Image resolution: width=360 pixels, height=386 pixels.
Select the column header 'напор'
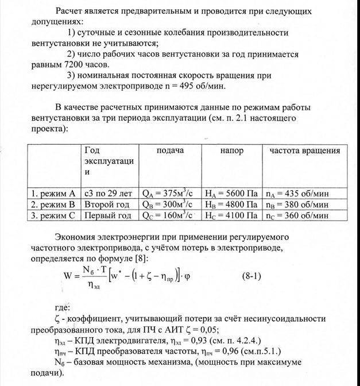[231, 150]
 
